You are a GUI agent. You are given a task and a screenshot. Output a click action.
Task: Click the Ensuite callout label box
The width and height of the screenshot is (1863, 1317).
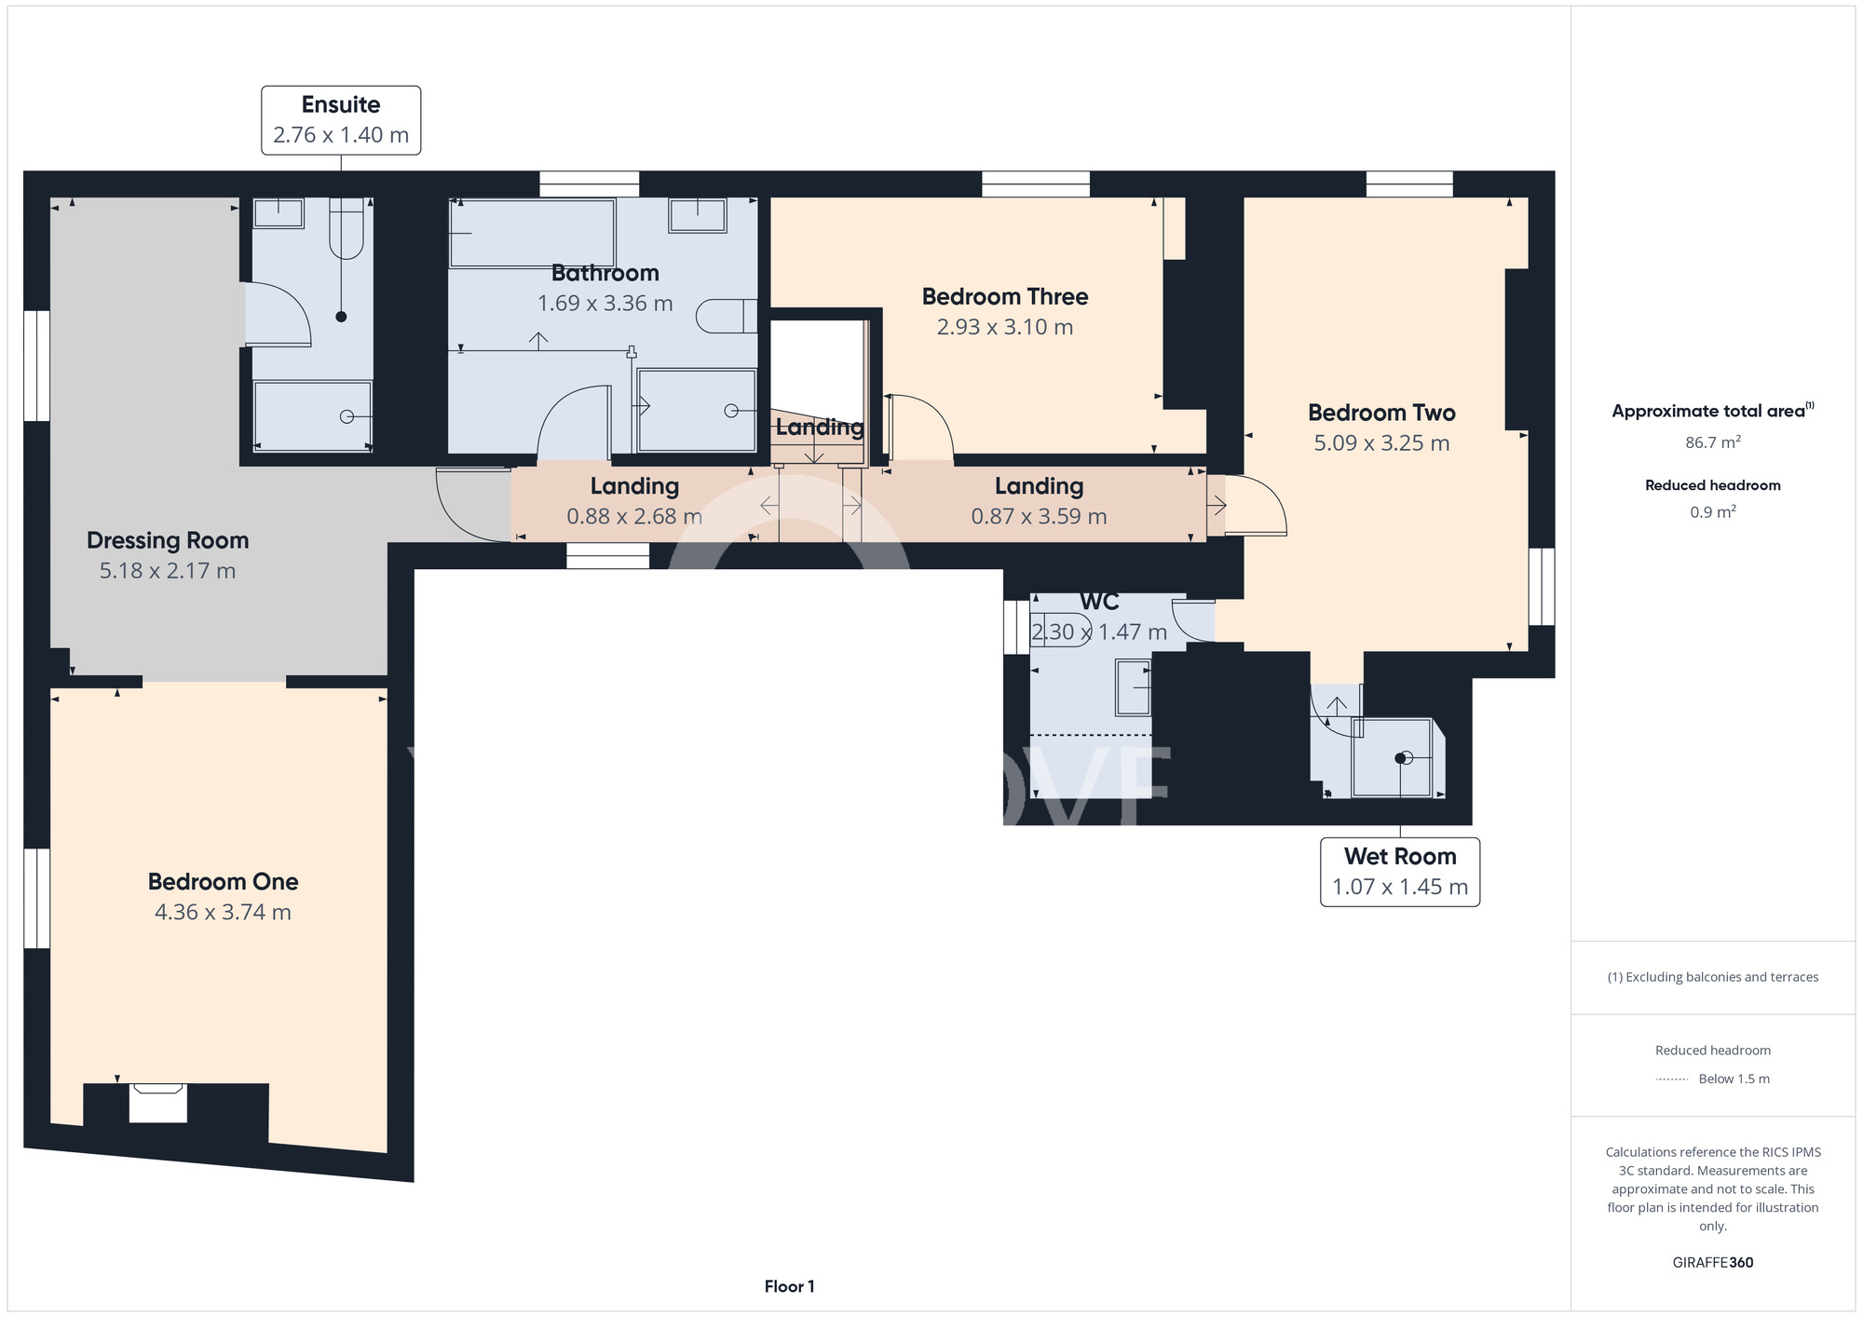click(x=341, y=120)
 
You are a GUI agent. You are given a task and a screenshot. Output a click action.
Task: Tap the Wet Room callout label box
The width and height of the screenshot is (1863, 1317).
click(x=1400, y=872)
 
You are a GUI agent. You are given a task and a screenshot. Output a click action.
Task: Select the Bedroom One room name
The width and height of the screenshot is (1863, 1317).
click(x=224, y=881)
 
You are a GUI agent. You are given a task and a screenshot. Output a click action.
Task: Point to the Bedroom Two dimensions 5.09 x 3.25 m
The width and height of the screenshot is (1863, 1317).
click(x=1381, y=443)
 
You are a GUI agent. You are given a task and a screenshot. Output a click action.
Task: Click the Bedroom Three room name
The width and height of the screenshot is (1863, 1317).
click(x=1005, y=296)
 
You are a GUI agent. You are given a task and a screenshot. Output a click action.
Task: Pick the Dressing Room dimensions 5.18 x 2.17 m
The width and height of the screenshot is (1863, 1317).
click(x=168, y=571)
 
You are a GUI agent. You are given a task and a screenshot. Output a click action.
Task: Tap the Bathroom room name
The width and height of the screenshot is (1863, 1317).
click(x=605, y=273)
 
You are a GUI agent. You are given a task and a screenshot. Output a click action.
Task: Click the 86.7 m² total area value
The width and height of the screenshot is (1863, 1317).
click(x=1713, y=442)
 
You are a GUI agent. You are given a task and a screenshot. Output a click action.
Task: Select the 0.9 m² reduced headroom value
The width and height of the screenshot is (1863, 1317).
click(x=1713, y=512)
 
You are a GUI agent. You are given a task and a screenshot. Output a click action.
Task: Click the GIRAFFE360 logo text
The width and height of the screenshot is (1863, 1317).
click(x=1713, y=1263)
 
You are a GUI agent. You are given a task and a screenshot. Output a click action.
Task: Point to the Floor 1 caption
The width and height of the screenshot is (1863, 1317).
click(x=789, y=1286)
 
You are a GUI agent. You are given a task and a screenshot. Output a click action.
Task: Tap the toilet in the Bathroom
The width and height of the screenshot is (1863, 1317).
click(x=727, y=316)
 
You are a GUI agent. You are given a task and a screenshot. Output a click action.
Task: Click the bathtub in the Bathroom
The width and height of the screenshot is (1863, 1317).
click(x=532, y=233)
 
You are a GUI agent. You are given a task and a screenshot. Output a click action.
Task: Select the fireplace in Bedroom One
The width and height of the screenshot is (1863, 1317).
click(x=157, y=1103)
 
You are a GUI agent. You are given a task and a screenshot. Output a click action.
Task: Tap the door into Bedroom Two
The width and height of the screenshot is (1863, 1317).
click(x=1256, y=506)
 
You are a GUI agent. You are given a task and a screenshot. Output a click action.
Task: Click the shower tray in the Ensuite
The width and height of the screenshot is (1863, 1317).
click(x=313, y=416)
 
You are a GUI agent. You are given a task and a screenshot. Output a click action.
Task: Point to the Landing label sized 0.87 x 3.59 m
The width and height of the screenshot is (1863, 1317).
click(x=1039, y=501)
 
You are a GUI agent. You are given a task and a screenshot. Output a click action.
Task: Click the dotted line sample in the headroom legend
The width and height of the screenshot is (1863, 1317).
click(x=1672, y=1079)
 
